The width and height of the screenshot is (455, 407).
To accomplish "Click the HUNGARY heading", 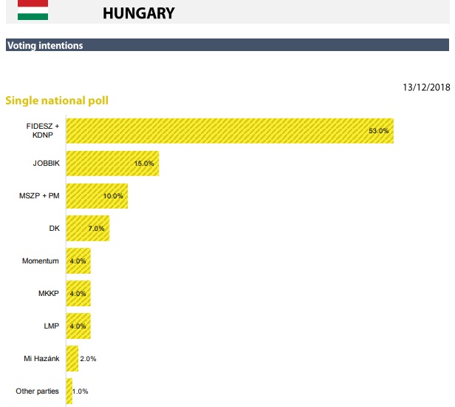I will point(139,13).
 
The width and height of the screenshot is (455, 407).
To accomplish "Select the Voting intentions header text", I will point(45,46).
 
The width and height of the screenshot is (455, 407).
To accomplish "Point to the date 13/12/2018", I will point(426,87).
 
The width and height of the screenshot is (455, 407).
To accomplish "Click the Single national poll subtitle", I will point(57,100).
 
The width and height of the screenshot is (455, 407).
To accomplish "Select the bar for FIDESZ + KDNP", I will point(229,130).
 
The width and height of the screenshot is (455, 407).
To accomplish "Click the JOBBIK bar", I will point(112,163).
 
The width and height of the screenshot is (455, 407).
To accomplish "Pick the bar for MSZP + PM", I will point(97,195).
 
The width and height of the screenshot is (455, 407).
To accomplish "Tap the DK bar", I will point(87,228).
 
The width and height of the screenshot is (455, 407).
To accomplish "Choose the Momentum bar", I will point(78,260).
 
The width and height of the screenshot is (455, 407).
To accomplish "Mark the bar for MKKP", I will point(78,293).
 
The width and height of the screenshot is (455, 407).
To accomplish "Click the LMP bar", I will point(78,326).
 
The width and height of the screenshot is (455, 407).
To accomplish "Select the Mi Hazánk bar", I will point(72,358).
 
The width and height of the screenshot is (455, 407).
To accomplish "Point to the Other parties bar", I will point(69,391).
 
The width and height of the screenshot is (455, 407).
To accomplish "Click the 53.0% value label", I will point(378,131).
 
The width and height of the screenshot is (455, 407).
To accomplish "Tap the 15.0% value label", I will point(144,164).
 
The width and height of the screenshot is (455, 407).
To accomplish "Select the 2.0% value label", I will point(88,359).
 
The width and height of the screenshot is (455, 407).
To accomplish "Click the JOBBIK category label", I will point(45,163).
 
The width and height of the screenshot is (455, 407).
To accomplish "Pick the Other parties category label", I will point(36,391).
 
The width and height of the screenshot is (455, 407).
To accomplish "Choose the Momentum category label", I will point(41,260).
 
